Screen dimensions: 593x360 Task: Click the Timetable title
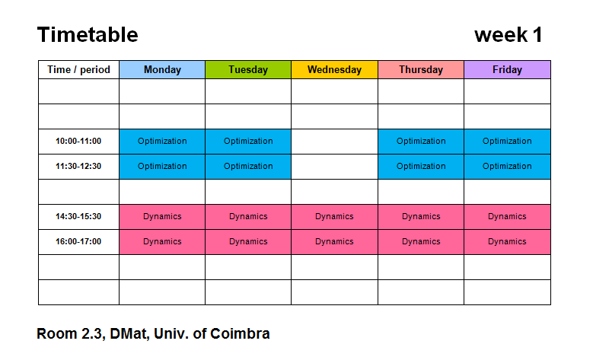[x=88, y=35]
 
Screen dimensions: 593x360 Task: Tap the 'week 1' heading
[x=509, y=35]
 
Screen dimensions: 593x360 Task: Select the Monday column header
[x=162, y=69]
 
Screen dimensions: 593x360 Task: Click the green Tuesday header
[x=248, y=69]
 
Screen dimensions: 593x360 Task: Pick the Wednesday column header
[x=334, y=69]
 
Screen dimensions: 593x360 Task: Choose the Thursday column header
[x=421, y=69]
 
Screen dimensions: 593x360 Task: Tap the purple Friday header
[x=507, y=69]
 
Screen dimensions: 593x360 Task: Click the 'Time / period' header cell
[x=78, y=69]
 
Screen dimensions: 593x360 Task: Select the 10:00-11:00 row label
[x=78, y=142]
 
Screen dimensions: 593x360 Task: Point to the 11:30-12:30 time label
[x=78, y=167]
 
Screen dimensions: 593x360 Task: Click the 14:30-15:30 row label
[x=78, y=217]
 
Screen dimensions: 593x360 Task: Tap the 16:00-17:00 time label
[x=78, y=241]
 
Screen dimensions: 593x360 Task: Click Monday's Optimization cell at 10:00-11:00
[x=162, y=142]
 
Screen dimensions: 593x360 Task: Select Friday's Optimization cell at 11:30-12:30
[x=507, y=167]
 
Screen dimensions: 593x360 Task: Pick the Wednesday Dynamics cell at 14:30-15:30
[x=334, y=217]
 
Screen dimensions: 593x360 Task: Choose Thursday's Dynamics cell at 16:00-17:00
[x=421, y=241]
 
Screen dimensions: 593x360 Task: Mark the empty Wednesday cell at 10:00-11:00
[x=334, y=142]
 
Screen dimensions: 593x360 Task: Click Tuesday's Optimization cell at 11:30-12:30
[x=248, y=167]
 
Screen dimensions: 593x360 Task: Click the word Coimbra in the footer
[x=240, y=333]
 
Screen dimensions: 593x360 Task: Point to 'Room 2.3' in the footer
[x=71, y=334]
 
